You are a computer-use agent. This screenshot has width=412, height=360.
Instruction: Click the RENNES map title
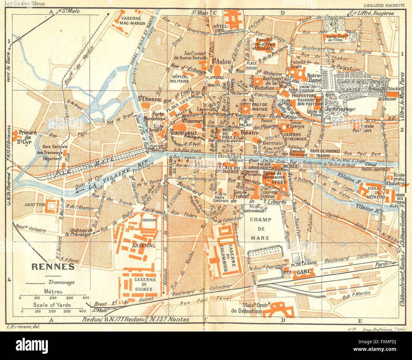tap(53, 266)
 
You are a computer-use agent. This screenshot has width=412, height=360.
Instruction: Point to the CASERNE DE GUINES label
tap(145, 284)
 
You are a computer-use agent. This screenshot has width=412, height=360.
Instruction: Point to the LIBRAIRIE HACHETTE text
tap(384, 5)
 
